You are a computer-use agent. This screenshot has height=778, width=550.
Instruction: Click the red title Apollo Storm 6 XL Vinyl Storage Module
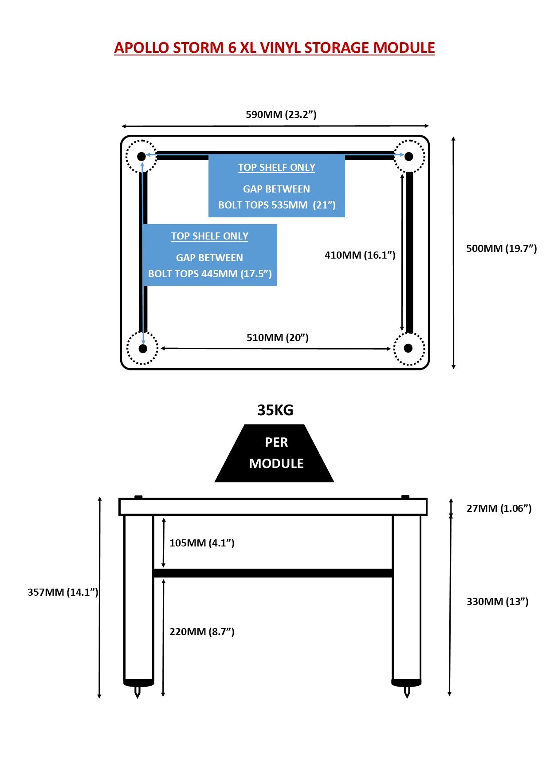pyautogui.click(x=275, y=48)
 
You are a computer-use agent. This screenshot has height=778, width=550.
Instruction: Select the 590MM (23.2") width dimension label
pyautogui.click(x=281, y=114)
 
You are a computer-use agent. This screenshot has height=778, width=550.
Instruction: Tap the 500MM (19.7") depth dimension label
pyautogui.click(x=501, y=248)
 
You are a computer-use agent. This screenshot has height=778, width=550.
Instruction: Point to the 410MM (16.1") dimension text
pyautogui.click(x=360, y=255)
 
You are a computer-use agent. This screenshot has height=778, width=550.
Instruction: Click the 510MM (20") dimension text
pyautogui.click(x=277, y=338)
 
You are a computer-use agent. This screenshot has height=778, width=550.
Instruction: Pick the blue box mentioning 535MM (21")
pyautogui.click(x=277, y=186)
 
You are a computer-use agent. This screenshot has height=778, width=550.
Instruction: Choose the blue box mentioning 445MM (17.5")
pyautogui.click(x=210, y=255)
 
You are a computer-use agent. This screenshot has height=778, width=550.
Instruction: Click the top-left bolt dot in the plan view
pyautogui.click(x=141, y=156)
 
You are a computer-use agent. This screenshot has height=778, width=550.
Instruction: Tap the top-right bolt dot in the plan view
pyautogui.click(x=409, y=156)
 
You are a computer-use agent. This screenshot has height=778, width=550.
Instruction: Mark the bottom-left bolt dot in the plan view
pyautogui.click(x=143, y=349)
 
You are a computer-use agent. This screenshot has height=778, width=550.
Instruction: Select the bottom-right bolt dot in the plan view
pyautogui.click(x=409, y=348)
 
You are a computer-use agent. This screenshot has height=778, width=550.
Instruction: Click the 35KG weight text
pyautogui.click(x=275, y=410)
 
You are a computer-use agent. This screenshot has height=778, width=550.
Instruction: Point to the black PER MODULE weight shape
pyautogui.click(x=275, y=453)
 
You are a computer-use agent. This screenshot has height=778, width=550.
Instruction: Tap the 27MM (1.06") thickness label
pyautogui.click(x=499, y=508)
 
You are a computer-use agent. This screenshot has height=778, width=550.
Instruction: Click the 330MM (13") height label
pyautogui.click(x=497, y=601)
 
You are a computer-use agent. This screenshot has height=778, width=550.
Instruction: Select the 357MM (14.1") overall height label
pyautogui.click(x=63, y=592)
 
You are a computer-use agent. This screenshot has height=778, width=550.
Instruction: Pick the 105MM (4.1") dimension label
pyautogui.click(x=202, y=543)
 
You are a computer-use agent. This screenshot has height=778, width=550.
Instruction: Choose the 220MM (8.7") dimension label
pyautogui.click(x=202, y=632)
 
